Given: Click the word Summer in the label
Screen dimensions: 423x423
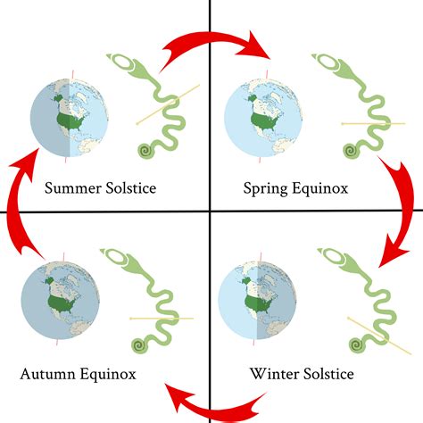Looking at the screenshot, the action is pyautogui.click(x=73, y=188).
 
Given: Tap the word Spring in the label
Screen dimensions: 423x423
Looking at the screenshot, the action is pyautogui.click(x=266, y=189).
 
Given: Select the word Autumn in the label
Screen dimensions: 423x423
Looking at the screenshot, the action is pyautogui.click(x=47, y=374).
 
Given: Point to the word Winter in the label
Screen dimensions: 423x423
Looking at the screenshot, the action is pyautogui.click(x=273, y=374).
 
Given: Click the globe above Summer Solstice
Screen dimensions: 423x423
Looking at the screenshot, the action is pyautogui.click(x=70, y=118).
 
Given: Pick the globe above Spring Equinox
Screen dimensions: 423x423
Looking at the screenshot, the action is pyautogui.click(x=263, y=118).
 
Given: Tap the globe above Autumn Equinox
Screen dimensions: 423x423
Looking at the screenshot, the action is pyautogui.click(x=60, y=301).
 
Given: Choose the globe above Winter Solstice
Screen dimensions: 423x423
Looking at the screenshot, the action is pyautogui.click(x=257, y=301).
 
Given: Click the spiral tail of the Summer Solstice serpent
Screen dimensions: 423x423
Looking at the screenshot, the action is pyautogui.click(x=146, y=151).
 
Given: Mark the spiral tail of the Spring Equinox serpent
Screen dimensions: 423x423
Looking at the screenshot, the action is pyautogui.click(x=352, y=151).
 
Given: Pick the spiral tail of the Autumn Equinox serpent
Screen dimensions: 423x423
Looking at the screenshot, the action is pyautogui.click(x=140, y=345).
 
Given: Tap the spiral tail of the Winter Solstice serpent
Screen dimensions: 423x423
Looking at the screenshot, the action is pyautogui.click(x=358, y=345).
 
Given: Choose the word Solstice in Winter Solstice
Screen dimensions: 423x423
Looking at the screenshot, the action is pyautogui.click(x=328, y=374).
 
